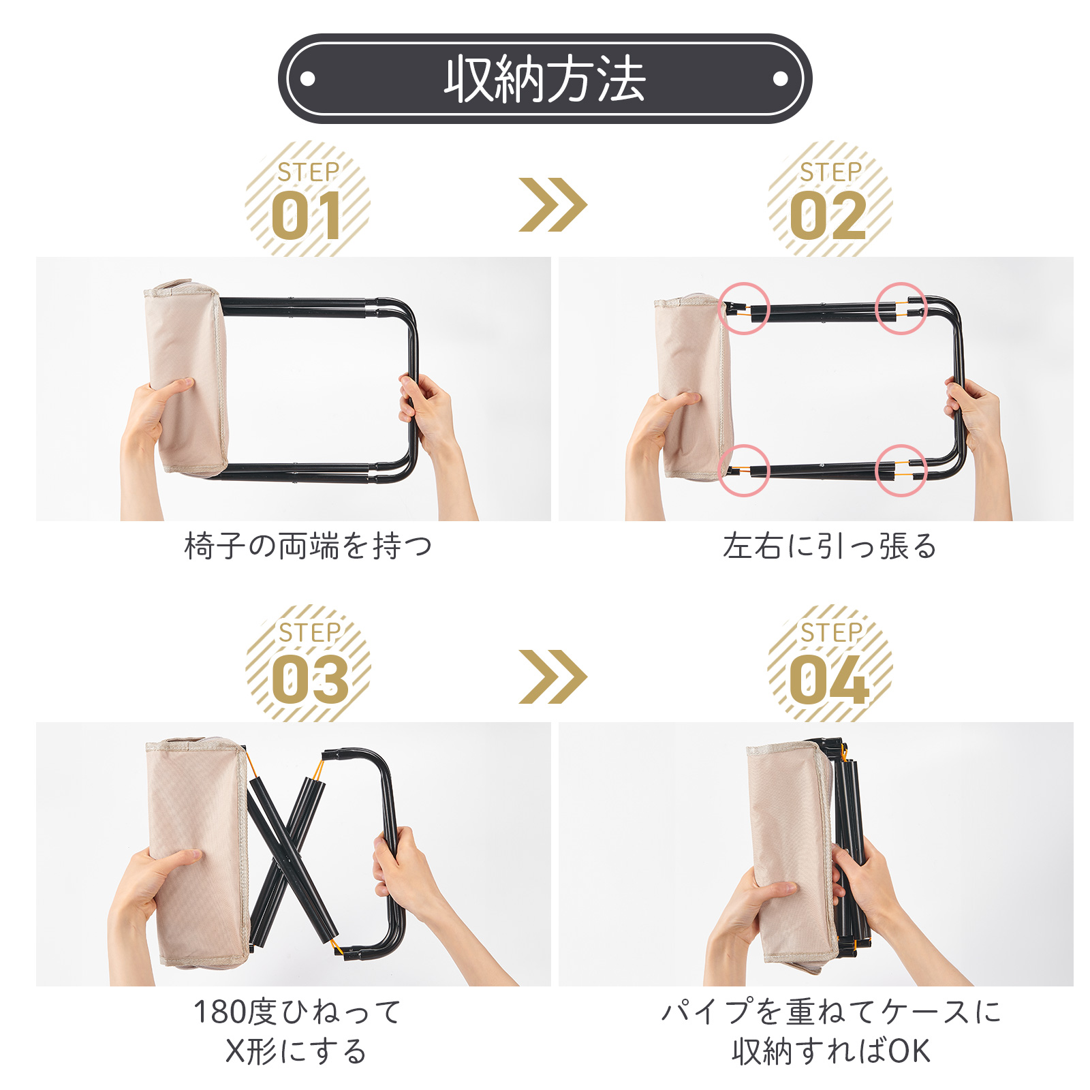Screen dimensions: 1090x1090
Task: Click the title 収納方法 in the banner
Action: coord(544,79)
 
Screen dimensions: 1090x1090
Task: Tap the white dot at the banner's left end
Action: coord(307,79)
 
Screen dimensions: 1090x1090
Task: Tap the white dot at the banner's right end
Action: coord(781,79)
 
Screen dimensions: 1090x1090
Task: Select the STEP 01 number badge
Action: coord(308,199)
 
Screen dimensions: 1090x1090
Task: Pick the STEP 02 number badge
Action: coord(830,199)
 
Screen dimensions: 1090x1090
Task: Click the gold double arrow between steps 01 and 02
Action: coord(552,204)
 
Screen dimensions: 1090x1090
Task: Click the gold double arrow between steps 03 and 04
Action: coord(552,676)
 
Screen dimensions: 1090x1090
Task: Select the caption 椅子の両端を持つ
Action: coord(308,546)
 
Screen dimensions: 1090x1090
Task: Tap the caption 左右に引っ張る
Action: coord(830,546)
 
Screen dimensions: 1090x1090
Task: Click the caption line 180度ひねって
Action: coord(297,1012)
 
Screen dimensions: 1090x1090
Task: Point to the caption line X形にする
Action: coord(296,1051)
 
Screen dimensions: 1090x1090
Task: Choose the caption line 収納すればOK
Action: coord(831,1051)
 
